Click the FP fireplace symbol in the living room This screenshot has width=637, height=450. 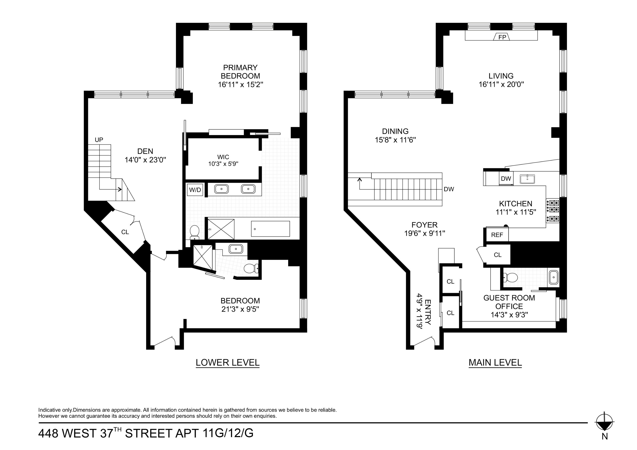click(502, 37)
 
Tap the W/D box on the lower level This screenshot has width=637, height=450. click(195, 190)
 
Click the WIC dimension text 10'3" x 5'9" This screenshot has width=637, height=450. click(223, 164)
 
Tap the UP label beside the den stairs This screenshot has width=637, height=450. click(99, 140)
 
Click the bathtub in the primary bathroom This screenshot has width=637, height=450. click(270, 229)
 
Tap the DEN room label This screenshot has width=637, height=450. click(145, 151)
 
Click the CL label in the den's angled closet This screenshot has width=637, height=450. click(125, 232)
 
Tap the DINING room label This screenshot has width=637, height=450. click(395, 131)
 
